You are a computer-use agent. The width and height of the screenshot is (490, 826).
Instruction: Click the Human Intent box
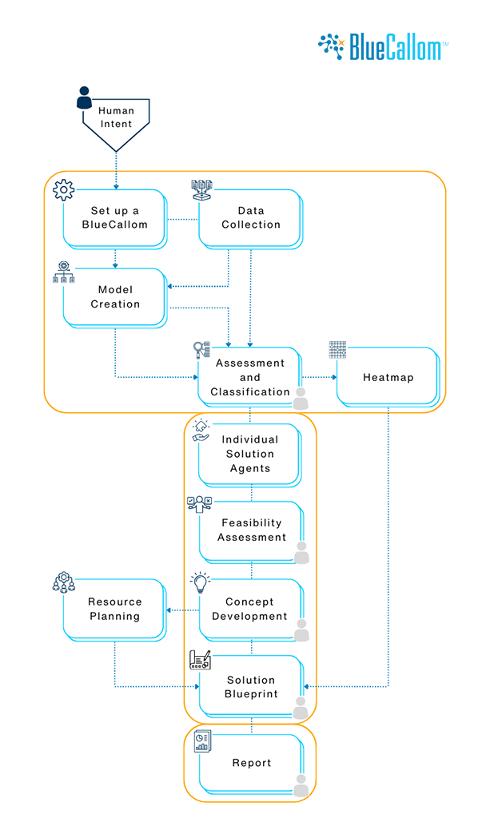[117, 118]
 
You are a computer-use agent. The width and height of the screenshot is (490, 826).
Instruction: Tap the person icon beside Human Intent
[85, 98]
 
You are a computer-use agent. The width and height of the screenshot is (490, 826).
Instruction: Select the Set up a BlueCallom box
[116, 217]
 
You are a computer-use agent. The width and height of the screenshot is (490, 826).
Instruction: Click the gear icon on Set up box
[63, 190]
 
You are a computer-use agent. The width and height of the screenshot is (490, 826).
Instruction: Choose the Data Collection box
[251, 217]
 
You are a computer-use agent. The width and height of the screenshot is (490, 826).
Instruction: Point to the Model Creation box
[115, 296]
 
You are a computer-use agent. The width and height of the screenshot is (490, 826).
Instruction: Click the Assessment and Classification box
[250, 376]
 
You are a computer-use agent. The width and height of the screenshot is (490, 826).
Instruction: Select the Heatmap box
[388, 376]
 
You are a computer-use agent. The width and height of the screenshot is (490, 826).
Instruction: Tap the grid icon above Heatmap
[338, 350]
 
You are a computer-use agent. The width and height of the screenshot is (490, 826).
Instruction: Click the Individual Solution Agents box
[250, 454]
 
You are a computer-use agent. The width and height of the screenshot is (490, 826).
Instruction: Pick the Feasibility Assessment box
[251, 530]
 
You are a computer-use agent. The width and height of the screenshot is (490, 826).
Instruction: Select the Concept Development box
[249, 609]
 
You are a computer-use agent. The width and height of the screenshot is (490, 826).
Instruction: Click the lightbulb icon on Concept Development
[199, 582]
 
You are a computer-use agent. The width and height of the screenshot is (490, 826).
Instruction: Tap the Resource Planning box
[114, 609]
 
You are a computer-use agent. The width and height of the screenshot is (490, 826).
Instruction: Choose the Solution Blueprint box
[250, 686]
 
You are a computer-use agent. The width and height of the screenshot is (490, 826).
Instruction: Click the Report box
[251, 763]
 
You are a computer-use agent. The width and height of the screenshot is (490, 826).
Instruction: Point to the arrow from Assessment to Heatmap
[319, 377]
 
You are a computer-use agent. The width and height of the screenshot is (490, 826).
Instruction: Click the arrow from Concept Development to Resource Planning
[181, 610]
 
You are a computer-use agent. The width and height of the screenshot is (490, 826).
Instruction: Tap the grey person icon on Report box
[301, 786]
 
